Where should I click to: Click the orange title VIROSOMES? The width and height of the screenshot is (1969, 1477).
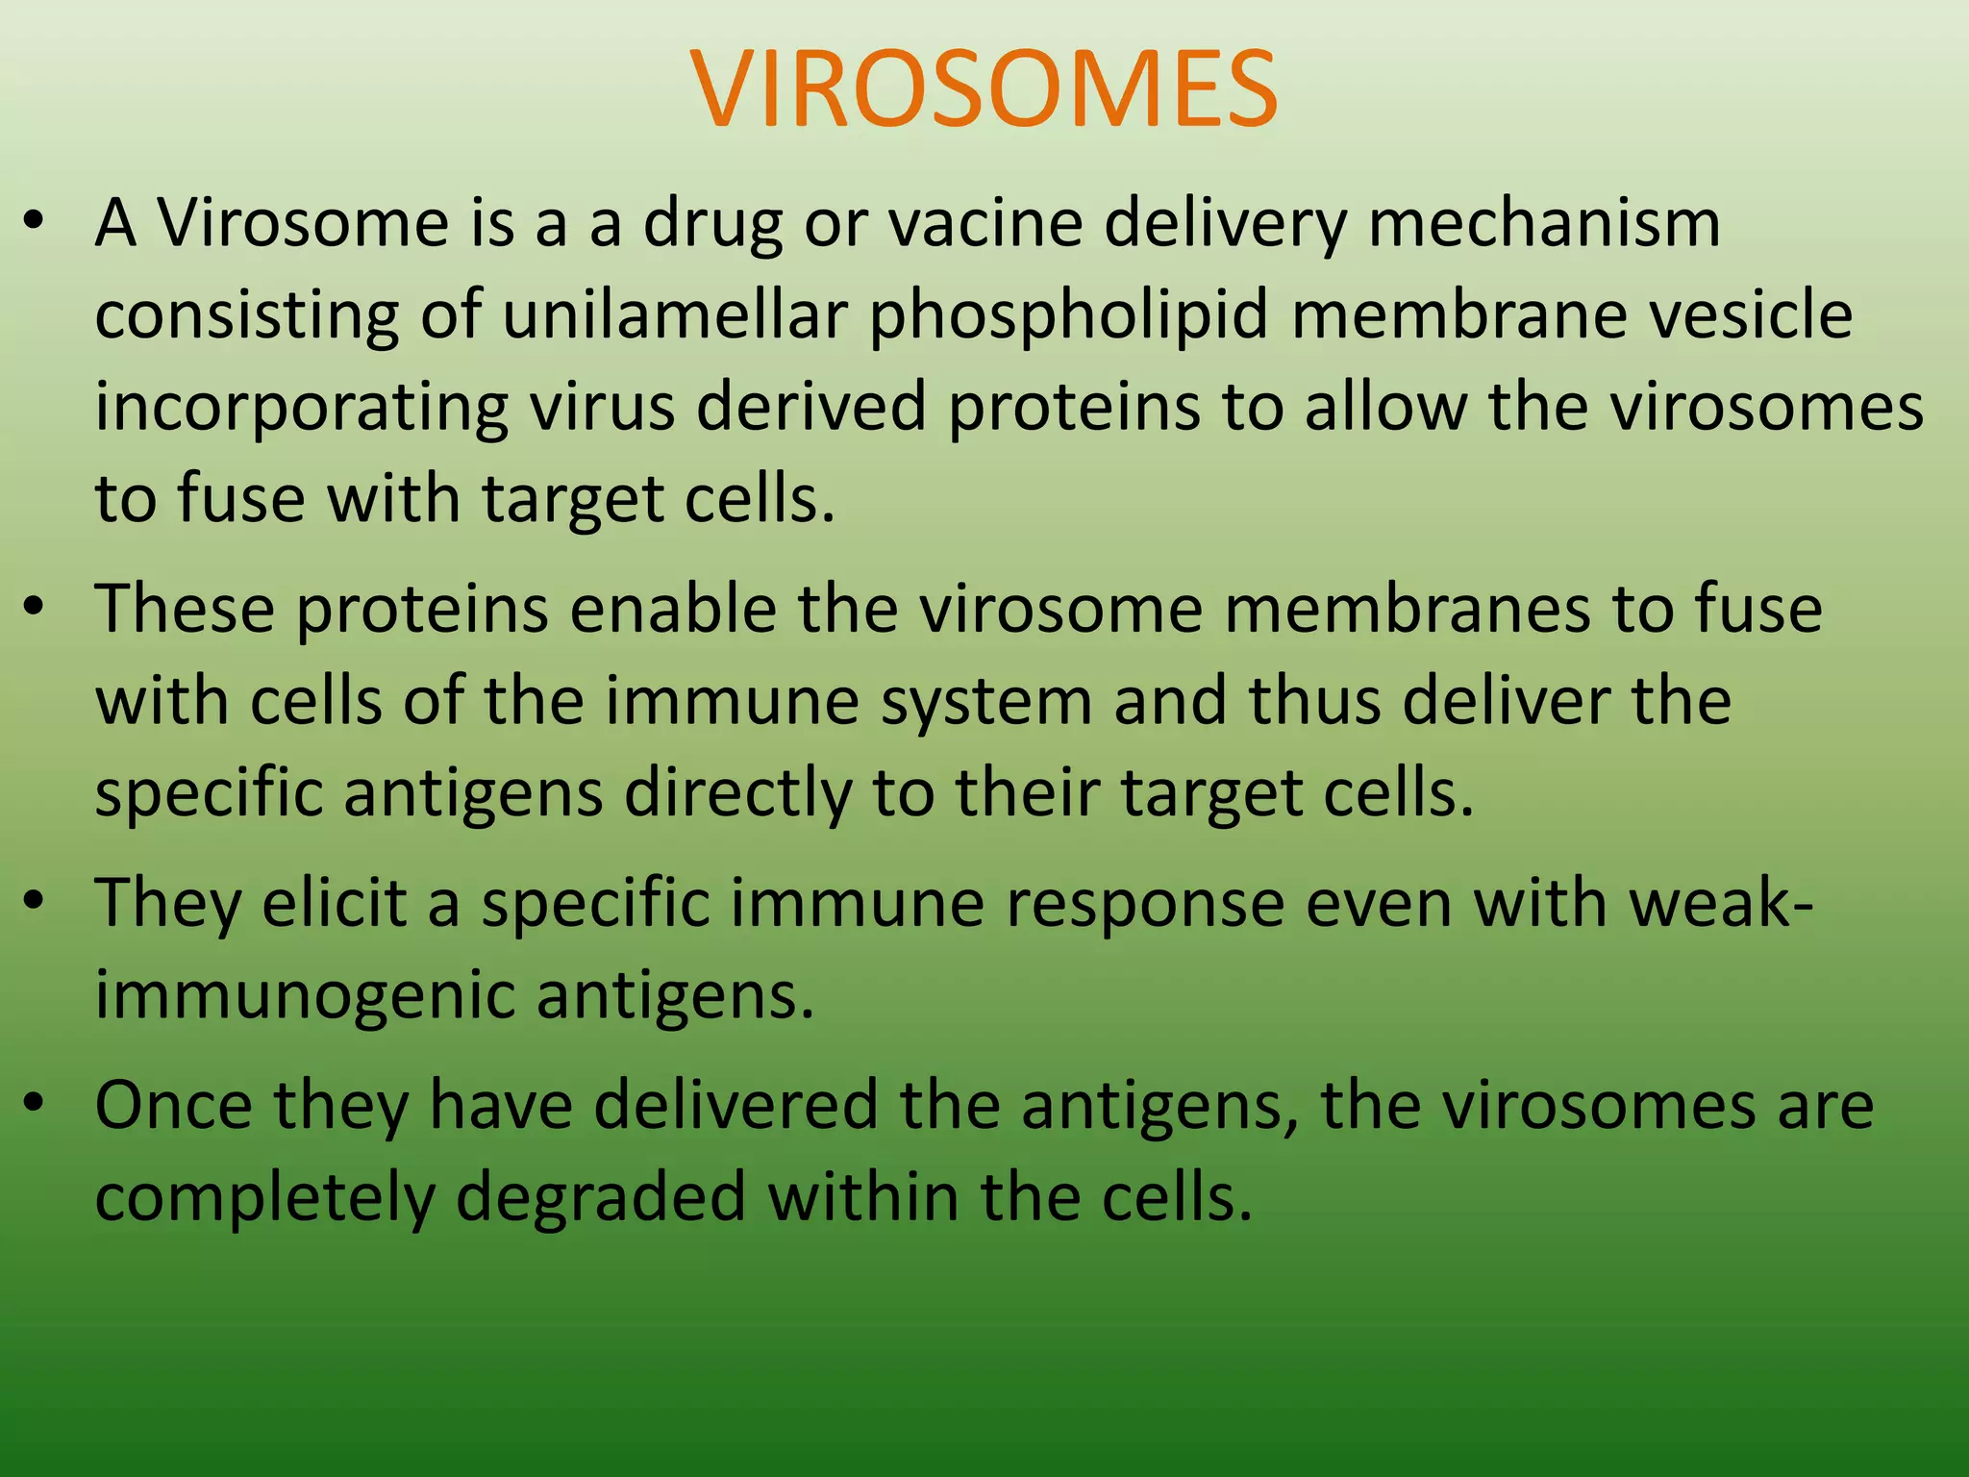tap(984, 88)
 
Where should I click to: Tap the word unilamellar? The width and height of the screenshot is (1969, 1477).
tap(674, 315)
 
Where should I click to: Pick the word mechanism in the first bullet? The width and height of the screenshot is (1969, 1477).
tap(1543, 223)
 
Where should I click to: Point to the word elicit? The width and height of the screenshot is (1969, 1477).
tap(334, 904)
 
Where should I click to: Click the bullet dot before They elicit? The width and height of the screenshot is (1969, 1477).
tap(35, 903)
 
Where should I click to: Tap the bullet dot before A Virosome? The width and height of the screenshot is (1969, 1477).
tap(35, 222)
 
